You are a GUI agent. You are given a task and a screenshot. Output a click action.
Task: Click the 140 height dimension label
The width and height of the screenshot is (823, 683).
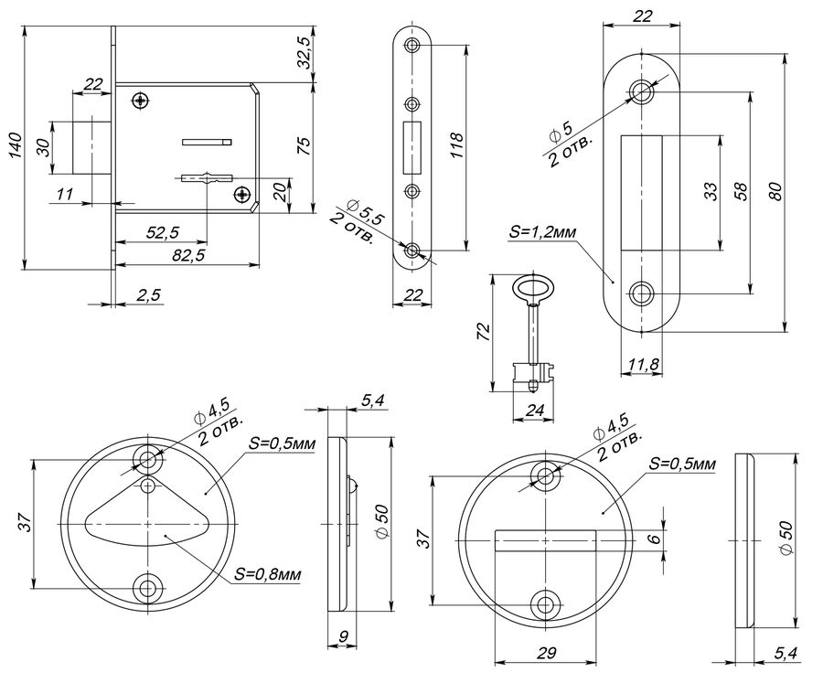(x=15, y=145)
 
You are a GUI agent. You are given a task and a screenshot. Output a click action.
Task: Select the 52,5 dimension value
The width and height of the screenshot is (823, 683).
(x=163, y=231)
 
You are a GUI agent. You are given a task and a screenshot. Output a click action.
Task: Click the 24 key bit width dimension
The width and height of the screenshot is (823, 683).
(x=534, y=410)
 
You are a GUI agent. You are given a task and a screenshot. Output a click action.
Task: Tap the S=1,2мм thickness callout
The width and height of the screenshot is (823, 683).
(x=542, y=232)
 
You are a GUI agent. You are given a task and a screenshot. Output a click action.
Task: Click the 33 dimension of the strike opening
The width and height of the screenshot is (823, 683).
(x=710, y=192)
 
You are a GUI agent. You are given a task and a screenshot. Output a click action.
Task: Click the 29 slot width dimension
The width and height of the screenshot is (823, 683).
(x=547, y=653)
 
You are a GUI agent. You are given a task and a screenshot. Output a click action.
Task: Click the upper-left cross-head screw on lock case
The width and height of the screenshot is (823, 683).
(x=141, y=101)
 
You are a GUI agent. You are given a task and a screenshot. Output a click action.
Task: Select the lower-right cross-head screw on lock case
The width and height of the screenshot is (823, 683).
(x=241, y=195)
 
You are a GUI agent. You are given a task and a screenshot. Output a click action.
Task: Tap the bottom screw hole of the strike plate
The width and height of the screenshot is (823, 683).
(x=641, y=293)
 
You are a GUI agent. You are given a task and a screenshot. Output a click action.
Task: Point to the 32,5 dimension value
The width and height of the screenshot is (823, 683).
(x=304, y=52)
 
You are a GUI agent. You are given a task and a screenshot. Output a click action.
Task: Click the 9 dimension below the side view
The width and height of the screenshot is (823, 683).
(x=343, y=636)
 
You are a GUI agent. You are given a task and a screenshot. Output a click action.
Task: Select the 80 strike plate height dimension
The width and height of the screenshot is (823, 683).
(x=775, y=192)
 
